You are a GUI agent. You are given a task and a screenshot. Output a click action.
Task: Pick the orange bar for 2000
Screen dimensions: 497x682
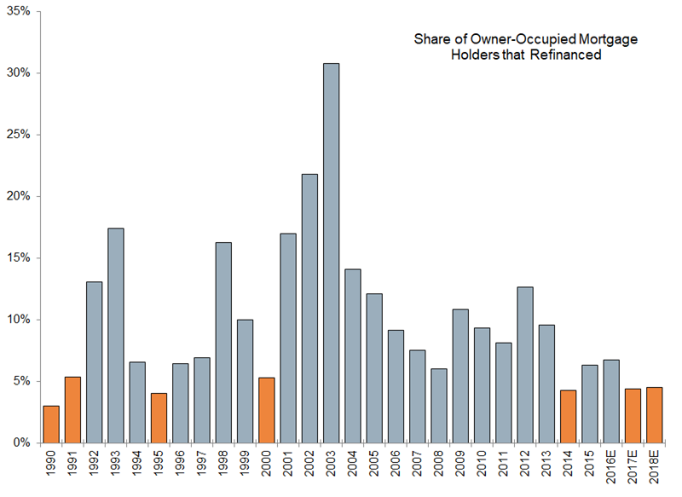click(266, 410)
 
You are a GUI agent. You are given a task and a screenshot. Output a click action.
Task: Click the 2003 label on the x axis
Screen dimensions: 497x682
click(331, 465)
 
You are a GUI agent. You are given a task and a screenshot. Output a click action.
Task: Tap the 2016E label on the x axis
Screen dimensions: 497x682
click(610, 468)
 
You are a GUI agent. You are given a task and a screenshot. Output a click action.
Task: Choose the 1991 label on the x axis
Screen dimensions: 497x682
click(73, 465)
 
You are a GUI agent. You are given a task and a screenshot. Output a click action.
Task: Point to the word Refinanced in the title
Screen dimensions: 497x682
click(568, 55)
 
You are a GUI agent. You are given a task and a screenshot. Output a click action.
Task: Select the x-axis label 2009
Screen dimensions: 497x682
click(460, 465)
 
